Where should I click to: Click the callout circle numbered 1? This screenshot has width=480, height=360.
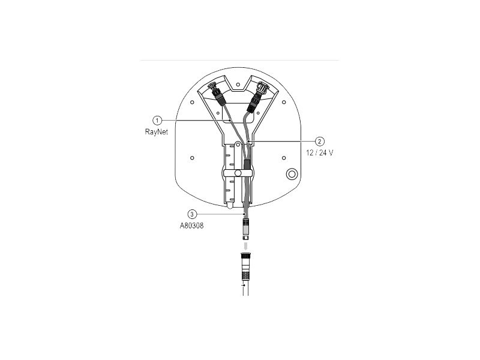[157, 121]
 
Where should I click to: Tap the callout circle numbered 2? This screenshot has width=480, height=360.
[320, 141]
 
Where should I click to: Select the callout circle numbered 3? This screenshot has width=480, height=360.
[192, 214]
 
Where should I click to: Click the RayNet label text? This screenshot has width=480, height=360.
[156, 132]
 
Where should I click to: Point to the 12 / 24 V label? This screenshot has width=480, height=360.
[319, 153]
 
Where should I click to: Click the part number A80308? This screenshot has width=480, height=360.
[191, 226]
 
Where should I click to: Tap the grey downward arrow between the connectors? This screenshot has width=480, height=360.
[245, 246]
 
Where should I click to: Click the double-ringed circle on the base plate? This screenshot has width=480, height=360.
[292, 174]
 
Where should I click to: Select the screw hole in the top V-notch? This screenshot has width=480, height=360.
[238, 84]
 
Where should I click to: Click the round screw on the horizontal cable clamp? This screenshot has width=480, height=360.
[238, 173]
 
